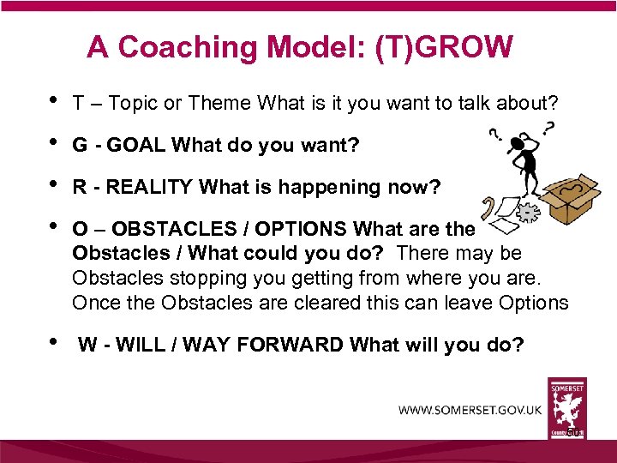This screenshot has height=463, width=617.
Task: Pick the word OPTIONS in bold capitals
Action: [295, 229]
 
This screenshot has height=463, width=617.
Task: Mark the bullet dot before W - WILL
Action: [55, 342]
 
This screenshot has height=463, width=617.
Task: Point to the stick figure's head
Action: [524, 138]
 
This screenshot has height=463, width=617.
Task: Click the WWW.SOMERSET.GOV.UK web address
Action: [470, 410]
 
